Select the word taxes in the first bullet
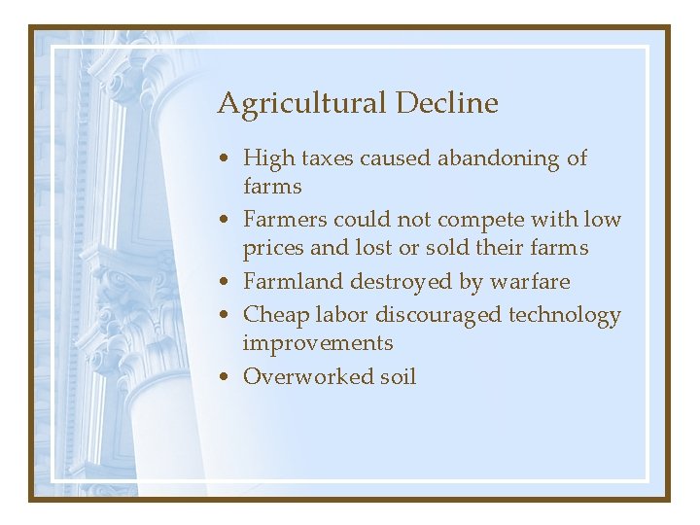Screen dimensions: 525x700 point(327,157)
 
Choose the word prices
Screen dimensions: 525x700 point(273,248)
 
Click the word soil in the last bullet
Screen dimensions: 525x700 point(398,377)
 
